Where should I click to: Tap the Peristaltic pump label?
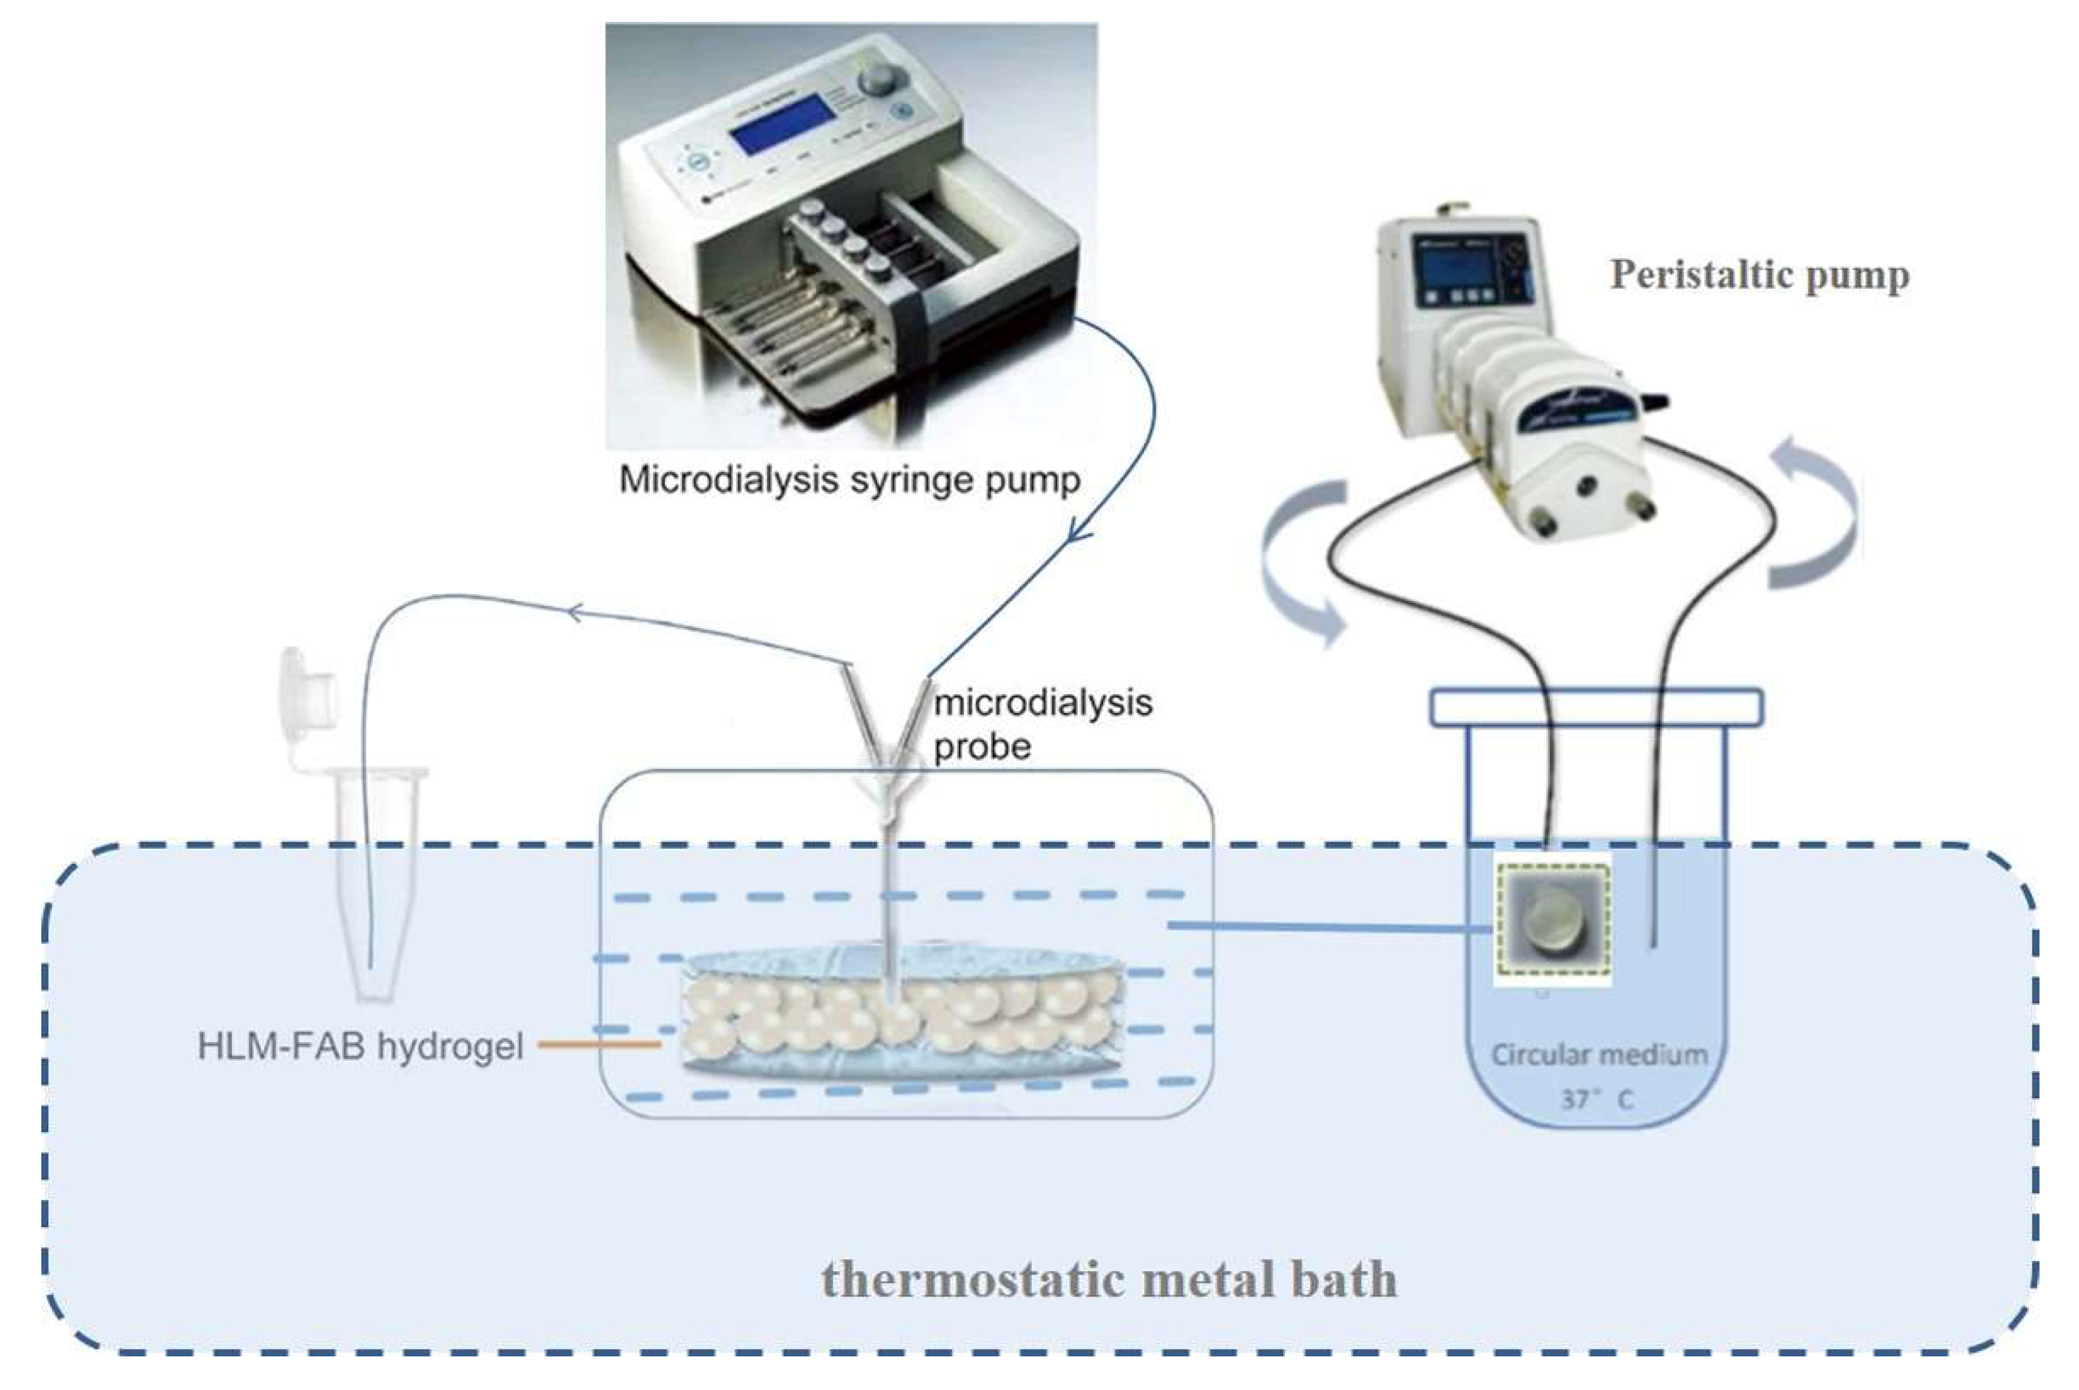pos(1759,275)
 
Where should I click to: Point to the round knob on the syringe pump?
pos(878,77)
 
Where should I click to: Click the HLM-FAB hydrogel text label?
pos(360,1046)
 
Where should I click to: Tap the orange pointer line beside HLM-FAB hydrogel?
pos(599,1044)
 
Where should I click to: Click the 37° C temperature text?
pos(1596,1100)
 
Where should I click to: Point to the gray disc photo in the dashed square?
pos(1552,922)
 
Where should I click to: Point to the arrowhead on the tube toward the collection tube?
pos(575,612)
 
